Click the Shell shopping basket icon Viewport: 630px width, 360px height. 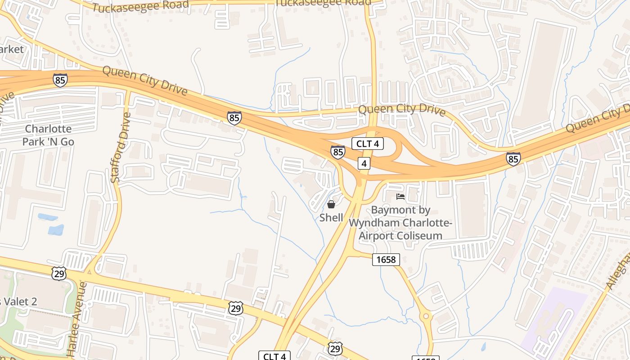pyautogui.click(x=331, y=205)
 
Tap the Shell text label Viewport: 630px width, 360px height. pyautogui.click(x=331, y=218)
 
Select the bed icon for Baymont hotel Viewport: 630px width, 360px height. pyautogui.click(x=400, y=197)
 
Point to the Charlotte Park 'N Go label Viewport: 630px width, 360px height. pyautogui.click(x=48, y=135)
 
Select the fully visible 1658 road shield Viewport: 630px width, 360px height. pyautogui.click(x=386, y=259)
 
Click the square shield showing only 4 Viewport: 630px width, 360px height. pyautogui.click(x=364, y=163)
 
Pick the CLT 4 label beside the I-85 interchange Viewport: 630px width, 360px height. pyautogui.click(x=367, y=144)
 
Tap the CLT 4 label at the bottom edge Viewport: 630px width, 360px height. pyautogui.click(x=274, y=356)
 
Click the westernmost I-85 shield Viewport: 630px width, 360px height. pyautogui.click(x=60, y=80)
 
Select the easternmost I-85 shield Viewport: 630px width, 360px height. pyautogui.click(x=513, y=158)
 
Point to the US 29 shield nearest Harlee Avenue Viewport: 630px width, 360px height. pyautogui.click(x=59, y=273)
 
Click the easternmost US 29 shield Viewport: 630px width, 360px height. pyautogui.click(x=335, y=348)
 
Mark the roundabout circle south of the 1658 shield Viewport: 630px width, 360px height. pyautogui.click(x=425, y=316)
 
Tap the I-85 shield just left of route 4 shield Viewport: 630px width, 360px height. pyautogui.click(x=337, y=152)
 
